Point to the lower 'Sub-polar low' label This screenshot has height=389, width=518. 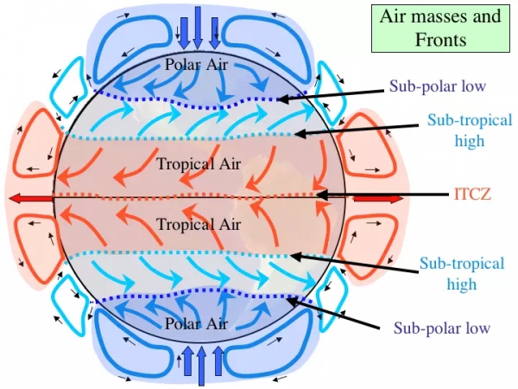[x=442, y=328]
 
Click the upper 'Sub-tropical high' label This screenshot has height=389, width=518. [x=462, y=130]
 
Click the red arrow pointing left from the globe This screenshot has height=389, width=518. [x=30, y=199]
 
